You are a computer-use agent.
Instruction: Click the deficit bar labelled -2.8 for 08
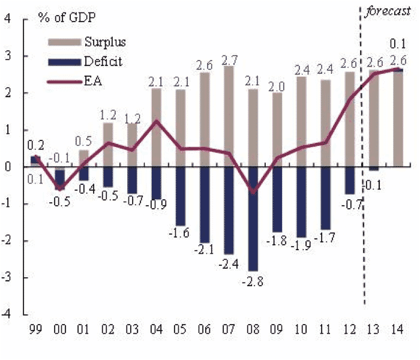tap(253, 219)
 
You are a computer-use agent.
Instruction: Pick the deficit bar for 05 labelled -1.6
tap(180, 196)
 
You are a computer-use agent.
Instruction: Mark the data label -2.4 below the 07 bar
tap(229, 263)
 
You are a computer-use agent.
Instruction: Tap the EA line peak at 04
tap(156, 121)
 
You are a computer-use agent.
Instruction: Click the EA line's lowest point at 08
tap(253, 192)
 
